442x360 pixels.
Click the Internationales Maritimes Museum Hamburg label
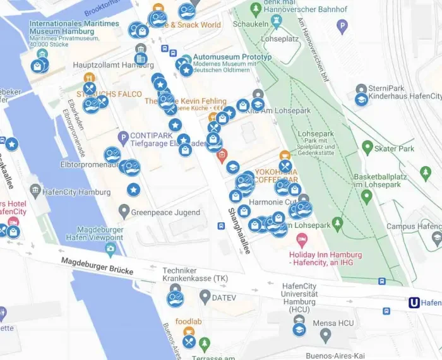click(x=74, y=28)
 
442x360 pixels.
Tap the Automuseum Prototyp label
click(x=232, y=57)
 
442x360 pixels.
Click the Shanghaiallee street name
click(x=239, y=230)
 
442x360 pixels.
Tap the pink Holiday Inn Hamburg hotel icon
click(x=302, y=239)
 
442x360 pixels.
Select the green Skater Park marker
click(x=367, y=148)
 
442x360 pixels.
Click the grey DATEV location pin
click(x=205, y=296)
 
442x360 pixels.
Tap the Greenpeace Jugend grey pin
click(x=124, y=212)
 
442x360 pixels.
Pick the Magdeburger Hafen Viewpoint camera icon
click(x=110, y=249)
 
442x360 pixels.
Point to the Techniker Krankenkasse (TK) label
click(x=195, y=274)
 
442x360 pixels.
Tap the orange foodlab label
click(x=188, y=321)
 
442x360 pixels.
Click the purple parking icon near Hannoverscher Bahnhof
click(x=342, y=27)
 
